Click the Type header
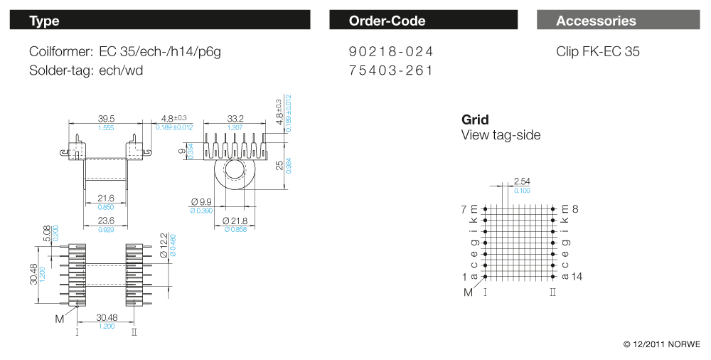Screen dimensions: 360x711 (44, 21)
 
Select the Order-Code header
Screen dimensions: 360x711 (387, 21)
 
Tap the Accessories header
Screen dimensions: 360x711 (596, 21)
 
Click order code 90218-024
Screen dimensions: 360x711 (391, 52)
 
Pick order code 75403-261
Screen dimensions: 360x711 (391, 70)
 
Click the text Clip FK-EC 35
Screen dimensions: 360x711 (598, 52)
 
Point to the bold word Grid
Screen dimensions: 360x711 (475, 120)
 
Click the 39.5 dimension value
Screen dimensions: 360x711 (106, 118)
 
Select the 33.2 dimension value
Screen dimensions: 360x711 (235, 118)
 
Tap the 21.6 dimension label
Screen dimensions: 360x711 (106, 198)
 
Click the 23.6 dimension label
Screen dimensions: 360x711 (106, 221)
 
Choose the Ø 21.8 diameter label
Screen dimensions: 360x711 (236, 221)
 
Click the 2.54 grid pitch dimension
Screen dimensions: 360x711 (521, 181)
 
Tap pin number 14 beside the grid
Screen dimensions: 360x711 (576, 276)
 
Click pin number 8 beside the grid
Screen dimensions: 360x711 (574, 209)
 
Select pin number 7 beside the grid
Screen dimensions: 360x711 (464, 209)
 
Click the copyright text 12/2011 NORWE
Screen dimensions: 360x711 (662, 344)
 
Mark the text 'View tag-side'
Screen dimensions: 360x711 (501, 135)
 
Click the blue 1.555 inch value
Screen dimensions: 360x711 (106, 127)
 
